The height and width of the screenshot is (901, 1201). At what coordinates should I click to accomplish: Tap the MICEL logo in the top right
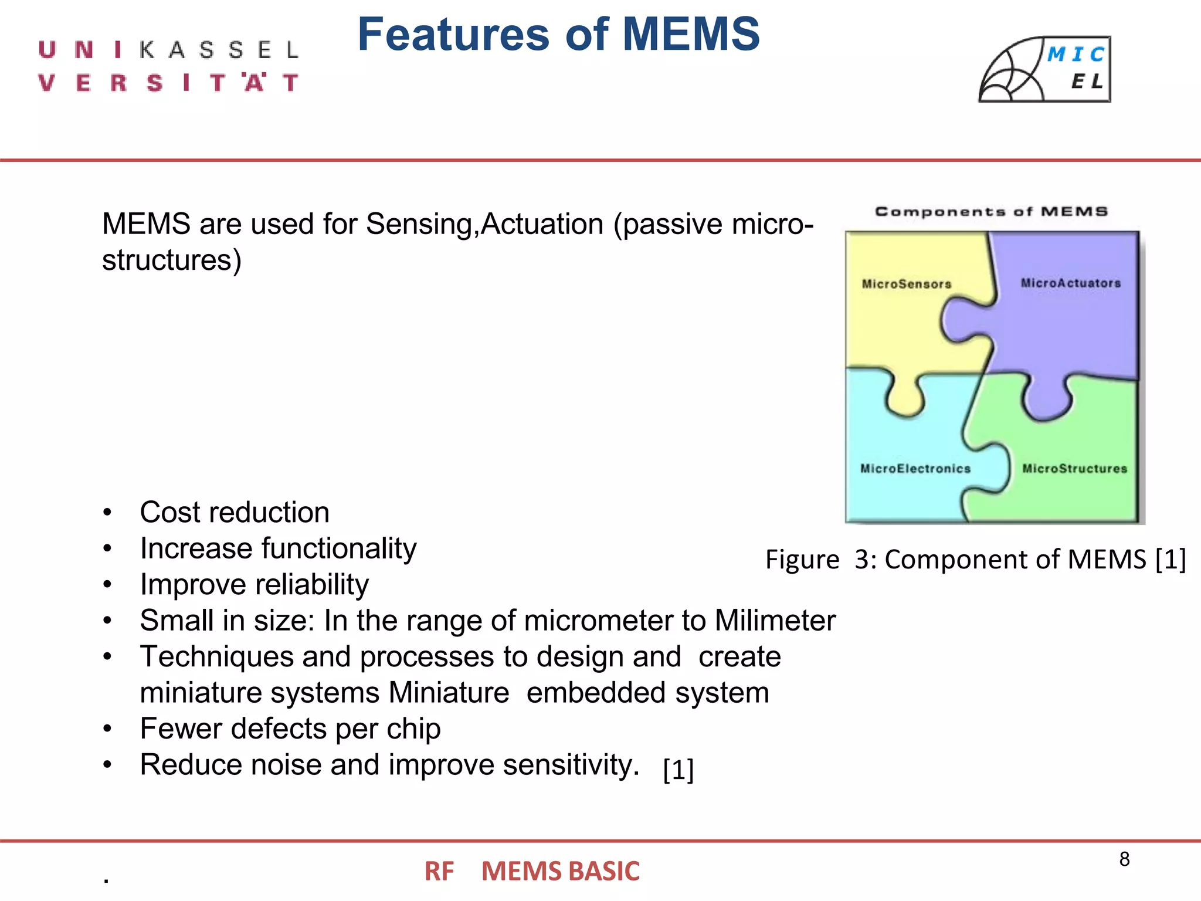pyautogui.click(x=1044, y=70)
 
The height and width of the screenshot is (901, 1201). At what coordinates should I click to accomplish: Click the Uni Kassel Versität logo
pyautogui.click(x=169, y=66)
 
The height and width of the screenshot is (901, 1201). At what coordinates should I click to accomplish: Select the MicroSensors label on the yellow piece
pyautogui.click(x=906, y=284)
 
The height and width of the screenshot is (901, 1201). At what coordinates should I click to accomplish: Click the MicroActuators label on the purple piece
pyautogui.click(x=1070, y=283)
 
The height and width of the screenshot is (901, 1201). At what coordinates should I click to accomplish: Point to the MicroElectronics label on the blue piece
pyautogui.click(x=915, y=469)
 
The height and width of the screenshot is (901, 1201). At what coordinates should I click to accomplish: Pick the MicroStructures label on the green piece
pyautogui.click(x=1074, y=469)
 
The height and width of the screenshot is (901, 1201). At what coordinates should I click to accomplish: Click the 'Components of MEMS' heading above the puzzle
pyautogui.click(x=991, y=212)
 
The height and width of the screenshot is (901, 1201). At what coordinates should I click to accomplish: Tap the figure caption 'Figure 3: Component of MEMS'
pyautogui.click(x=975, y=559)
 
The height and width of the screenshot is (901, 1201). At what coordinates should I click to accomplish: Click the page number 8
pyautogui.click(x=1124, y=859)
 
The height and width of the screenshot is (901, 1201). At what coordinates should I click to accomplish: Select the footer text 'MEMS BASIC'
pyautogui.click(x=560, y=871)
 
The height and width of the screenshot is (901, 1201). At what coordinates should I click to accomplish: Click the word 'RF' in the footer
pyautogui.click(x=439, y=871)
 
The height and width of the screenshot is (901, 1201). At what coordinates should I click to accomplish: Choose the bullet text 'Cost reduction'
pyautogui.click(x=235, y=513)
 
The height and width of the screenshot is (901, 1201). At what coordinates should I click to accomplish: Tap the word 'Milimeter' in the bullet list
pyautogui.click(x=775, y=621)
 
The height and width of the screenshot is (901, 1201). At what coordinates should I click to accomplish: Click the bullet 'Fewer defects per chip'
pyautogui.click(x=290, y=729)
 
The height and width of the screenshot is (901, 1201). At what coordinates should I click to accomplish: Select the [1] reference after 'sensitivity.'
pyautogui.click(x=678, y=770)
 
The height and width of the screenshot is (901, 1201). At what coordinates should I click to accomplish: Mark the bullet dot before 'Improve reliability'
pyautogui.click(x=107, y=585)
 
